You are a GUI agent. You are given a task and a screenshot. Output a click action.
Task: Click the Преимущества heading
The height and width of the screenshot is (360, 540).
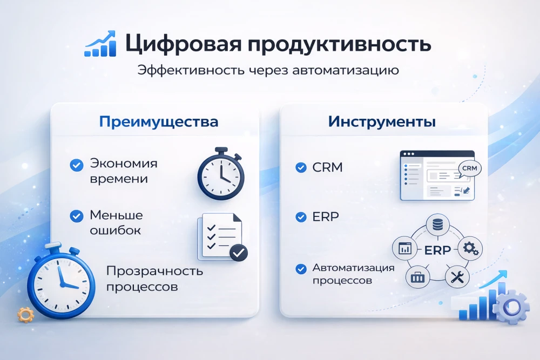coord(159,121)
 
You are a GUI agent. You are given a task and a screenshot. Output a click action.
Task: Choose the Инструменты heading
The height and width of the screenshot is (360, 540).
coord(382,121)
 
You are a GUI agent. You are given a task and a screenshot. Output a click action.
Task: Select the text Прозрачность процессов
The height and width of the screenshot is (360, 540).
coord(154,278)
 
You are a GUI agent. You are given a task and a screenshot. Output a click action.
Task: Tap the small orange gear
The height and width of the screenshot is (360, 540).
coord(25,314)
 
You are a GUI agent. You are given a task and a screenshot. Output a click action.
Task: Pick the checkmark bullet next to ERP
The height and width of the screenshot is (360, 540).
coord(301,218)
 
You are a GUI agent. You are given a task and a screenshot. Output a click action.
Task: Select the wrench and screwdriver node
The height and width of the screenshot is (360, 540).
coord(455,277)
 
